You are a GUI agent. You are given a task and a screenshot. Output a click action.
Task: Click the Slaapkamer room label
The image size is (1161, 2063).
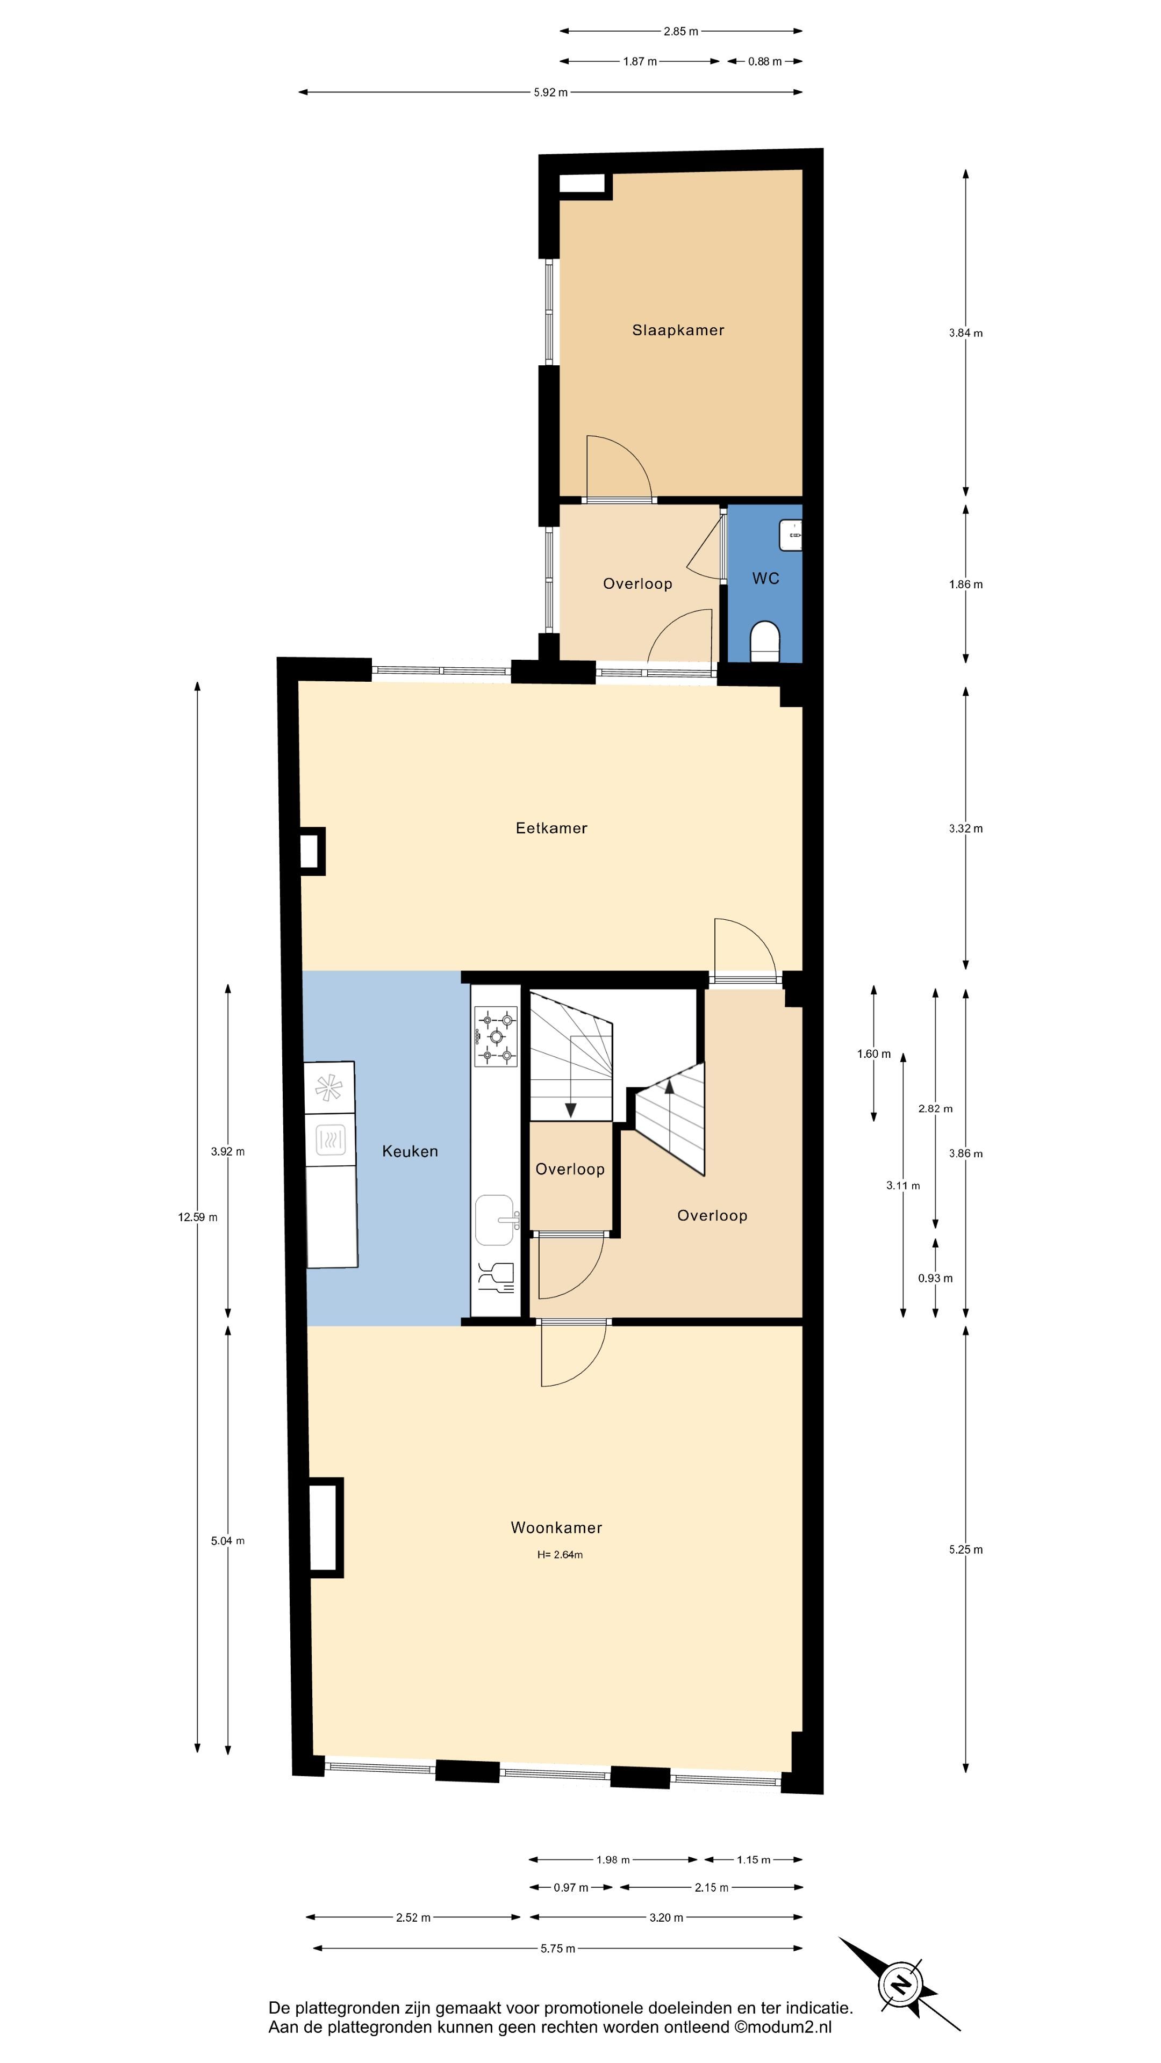[678, 330]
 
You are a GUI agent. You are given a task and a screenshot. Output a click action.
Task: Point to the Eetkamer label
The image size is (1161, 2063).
[551, 828]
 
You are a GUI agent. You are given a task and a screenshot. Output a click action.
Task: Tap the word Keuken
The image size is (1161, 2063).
[410, 1151]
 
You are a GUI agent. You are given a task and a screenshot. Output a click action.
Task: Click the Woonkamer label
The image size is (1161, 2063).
[557, 1527]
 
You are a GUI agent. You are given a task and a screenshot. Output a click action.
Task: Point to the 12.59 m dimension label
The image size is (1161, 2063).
[198, 1217]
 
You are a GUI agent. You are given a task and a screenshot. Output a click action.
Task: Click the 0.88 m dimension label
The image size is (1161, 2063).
[765, 61]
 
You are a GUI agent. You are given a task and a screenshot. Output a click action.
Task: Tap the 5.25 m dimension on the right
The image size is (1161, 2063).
[965, 1549]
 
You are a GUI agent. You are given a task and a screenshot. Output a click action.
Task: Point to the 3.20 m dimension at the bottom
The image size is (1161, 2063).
[666, 1917]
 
